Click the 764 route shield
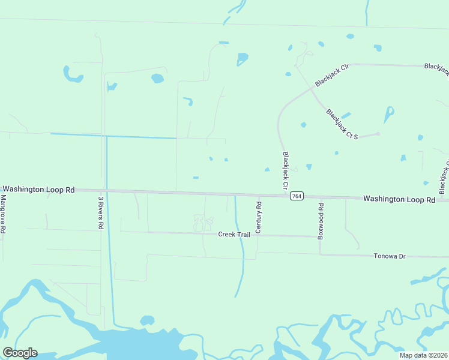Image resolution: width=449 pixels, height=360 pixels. [x=296, y=196]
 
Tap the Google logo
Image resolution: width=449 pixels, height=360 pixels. [x=20, y=352]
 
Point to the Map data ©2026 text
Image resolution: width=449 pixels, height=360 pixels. [x=424, y=355]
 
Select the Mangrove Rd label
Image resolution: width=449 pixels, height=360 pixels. [x=4, y=214]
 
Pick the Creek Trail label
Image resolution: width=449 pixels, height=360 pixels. [x=234, y=235]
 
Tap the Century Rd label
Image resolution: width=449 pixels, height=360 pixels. [x=259, y=217]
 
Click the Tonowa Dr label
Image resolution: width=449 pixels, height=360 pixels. [x=390, y=256]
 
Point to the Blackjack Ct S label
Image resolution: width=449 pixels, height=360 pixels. [x=342, y=124]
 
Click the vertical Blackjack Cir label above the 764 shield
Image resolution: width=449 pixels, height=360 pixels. [x=286, y=171]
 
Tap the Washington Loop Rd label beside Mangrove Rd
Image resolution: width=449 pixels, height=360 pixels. [x=38, y=189]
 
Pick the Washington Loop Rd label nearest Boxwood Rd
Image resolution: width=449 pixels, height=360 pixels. [x=399, y=199]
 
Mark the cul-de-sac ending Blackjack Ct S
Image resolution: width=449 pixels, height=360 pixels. [x=378, y=134]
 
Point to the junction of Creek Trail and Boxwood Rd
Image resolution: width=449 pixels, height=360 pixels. [x=319, y=236]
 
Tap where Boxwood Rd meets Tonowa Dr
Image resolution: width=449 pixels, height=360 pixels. [x=319, y=254]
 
